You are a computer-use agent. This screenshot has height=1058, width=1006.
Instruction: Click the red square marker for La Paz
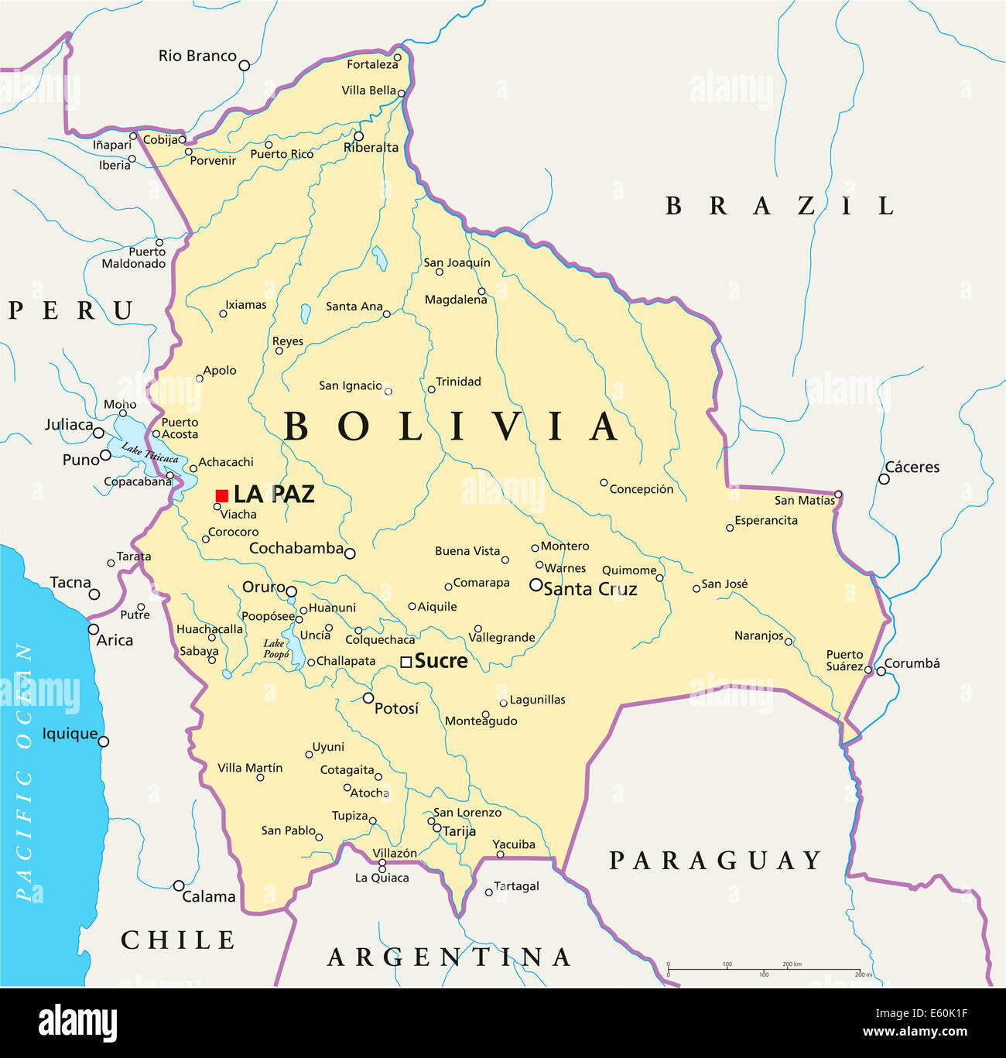tap(222, 495)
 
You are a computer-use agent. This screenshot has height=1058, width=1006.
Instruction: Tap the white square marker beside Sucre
tap(406, 662)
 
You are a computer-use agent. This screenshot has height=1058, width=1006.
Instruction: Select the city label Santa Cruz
tap(590, 589)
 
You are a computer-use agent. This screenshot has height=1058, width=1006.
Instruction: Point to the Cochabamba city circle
tap(350, 553)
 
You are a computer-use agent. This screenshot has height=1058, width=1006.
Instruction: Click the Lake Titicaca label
tap(150, 454)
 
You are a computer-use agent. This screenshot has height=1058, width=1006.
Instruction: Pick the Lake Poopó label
tap(275, 649)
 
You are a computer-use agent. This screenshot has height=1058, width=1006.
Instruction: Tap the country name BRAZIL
tap(780, 206)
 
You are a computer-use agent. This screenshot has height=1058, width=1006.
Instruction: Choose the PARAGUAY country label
tap(715, 860)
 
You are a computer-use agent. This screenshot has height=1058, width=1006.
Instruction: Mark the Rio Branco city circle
tap(245, 66)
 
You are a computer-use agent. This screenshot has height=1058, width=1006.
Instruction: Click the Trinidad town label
tap(458, 382)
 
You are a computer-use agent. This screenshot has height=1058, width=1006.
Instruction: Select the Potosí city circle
tap(368, 698)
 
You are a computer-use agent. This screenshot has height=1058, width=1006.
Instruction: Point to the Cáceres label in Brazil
tap(912, 467)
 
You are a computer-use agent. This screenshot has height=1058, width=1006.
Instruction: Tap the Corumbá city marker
tap(881, 671)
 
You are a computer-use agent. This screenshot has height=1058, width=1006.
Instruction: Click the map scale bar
tap(765, 969)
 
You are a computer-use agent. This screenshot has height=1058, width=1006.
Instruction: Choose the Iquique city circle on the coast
tap(104, 741)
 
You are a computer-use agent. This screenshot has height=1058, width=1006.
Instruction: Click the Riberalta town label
tap(371, 148)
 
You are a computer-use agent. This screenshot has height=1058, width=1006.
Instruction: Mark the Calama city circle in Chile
tap(179, 885)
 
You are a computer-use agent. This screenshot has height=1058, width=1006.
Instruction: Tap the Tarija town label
tap(459, 831)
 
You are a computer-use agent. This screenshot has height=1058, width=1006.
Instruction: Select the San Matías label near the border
tap(805, 501)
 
